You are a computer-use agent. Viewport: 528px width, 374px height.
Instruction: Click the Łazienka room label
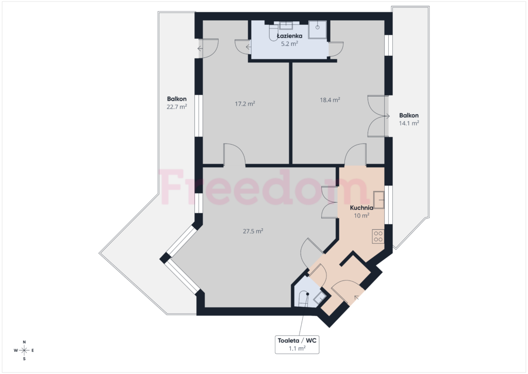(x=290, y=36)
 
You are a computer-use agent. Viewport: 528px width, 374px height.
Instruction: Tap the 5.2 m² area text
(x=290, y=43)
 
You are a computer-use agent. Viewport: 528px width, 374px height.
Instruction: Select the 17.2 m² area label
(x=245, y=103)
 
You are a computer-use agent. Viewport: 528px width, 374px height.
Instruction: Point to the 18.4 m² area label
(x=330, y=100)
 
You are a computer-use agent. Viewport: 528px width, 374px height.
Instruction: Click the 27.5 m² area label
(x=253, y=231)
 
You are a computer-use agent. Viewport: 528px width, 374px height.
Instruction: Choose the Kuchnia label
(x=361, y=208)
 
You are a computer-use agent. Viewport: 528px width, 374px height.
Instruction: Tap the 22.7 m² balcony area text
(x=177, y=106)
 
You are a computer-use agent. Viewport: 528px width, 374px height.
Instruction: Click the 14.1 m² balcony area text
(x=409, y=123)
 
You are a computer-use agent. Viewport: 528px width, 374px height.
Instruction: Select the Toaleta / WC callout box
(x=297, y=345)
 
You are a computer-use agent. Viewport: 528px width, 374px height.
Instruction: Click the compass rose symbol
(x=24, y=350)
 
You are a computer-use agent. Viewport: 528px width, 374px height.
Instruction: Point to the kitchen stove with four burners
(x=378, y=236)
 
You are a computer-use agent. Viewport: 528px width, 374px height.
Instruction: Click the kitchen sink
(x=379, y=200)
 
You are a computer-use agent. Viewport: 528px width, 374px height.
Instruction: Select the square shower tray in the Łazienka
(x=318, y=29)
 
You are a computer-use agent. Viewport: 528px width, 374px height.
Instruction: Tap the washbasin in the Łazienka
(x=286, y=25)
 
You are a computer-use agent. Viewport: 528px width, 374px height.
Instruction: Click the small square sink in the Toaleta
(x=319, y=297)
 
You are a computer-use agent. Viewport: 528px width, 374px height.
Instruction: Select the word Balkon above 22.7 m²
(x=177, y=99)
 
